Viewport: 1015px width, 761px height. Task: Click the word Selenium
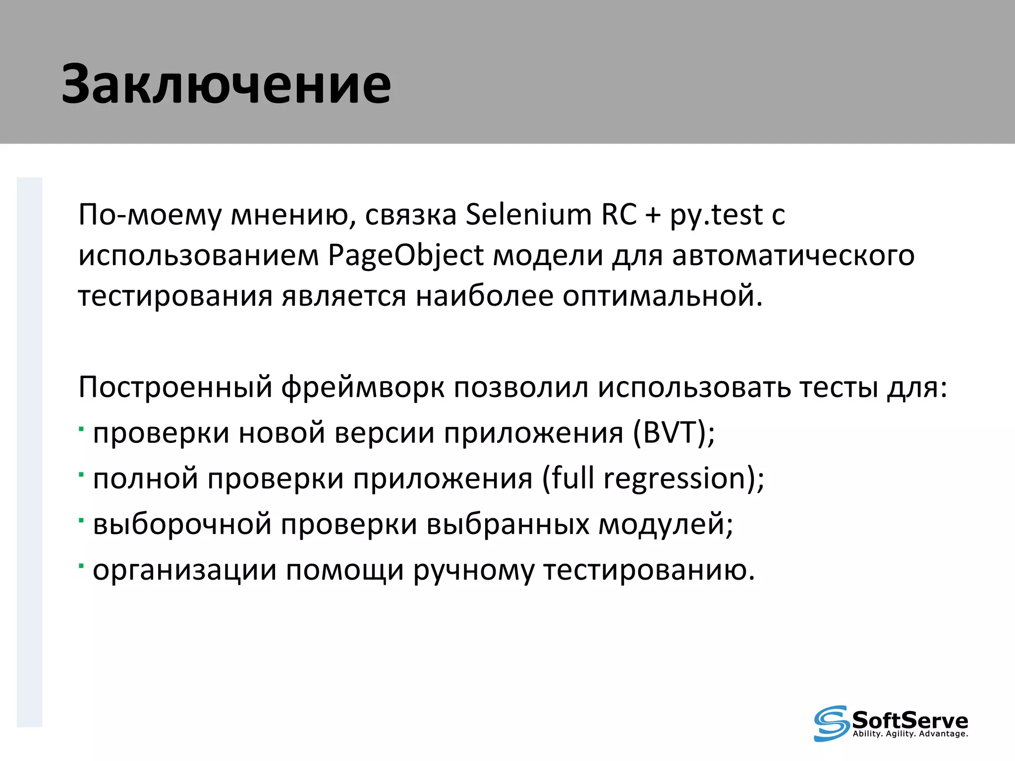[x=528, y=215]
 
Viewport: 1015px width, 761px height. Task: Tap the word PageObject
[x=405, y=256]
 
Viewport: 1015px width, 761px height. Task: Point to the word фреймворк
[x=363, y=387]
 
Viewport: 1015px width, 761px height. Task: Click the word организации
[x=184, y=570]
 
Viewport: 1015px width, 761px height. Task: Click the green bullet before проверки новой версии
[x=81, y=427]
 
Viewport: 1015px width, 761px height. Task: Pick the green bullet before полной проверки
[x=81, y=473]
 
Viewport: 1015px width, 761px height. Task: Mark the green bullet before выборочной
[x=81, y=519]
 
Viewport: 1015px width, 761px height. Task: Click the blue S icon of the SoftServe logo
[x=831, y=723]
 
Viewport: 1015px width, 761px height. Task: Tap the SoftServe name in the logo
[x=909, y=720]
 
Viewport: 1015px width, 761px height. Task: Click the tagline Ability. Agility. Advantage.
[x=910, y=734]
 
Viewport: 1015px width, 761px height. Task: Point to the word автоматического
[x=793, y=256]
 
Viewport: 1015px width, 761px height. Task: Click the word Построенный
[x=175, y=387]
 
